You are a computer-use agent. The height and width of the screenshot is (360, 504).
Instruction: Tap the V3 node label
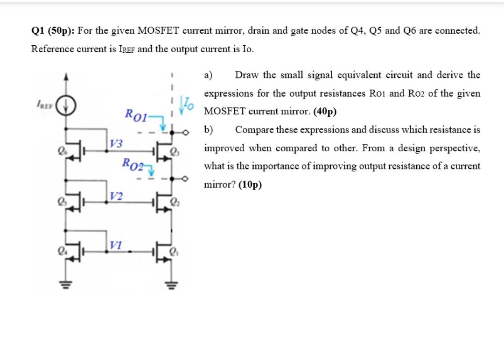(x=117, y=143)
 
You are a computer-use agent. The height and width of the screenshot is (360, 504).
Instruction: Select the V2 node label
(x=117, y=196)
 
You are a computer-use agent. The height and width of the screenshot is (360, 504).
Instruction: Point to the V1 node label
(x=117, y=245)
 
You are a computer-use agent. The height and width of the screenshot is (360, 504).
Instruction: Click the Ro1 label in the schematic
(x=137, y=114)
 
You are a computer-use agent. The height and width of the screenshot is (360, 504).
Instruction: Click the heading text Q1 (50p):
(x=52, y=31)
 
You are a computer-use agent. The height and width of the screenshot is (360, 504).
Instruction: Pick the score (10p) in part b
(x=250, y=184)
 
